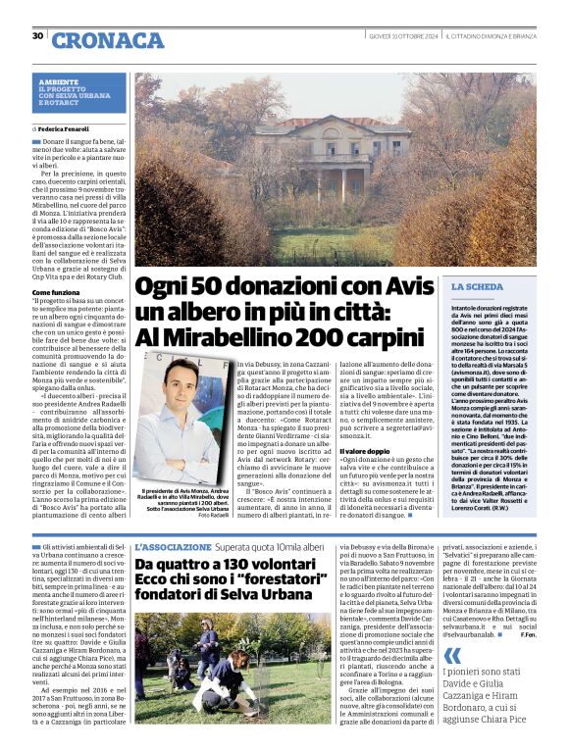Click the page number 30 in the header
click(37, 36)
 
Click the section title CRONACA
click(108, 40)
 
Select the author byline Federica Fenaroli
click(67, 128)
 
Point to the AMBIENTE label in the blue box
click(59, 81)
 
